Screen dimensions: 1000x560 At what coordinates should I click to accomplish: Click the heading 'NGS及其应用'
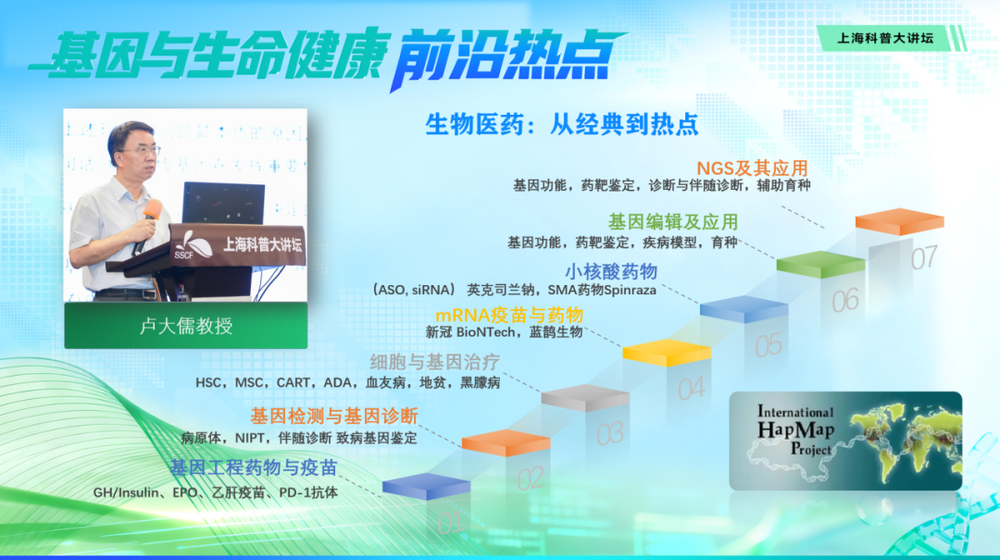click(752, 168)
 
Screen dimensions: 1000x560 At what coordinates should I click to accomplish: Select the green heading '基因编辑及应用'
click(673, 222)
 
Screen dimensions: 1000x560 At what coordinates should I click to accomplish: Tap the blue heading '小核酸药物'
click(610, 272)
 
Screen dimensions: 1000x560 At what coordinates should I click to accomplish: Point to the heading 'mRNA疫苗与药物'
click(509, 315)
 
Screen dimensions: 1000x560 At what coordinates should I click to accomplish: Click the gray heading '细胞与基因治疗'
click(434, 362)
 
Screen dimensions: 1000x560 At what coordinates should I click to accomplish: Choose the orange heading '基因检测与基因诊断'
click(333, 417)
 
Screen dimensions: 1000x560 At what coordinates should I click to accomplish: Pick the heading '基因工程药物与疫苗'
click(253, 467)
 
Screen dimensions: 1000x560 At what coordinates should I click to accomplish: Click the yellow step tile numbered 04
click(667, 353)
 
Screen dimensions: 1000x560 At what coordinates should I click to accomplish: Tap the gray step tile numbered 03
click(585, 397)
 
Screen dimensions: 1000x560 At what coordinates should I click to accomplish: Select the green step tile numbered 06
click(820, 264)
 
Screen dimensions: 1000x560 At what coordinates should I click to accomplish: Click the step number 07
click(923, 257)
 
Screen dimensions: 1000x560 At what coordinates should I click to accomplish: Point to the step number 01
click(450, 523)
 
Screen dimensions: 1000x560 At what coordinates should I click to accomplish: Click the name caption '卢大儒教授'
click(185, 326)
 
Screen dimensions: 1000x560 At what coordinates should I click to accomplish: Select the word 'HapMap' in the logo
click(795, 429)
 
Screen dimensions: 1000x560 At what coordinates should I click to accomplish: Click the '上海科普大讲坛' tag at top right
click(884, 38)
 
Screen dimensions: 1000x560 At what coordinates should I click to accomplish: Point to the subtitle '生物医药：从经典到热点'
click(562, 124)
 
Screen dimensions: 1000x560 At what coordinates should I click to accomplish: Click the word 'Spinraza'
click(630, 291)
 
